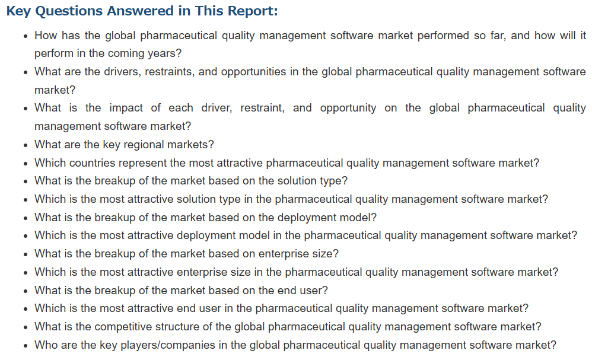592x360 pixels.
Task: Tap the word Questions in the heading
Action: [69, 11]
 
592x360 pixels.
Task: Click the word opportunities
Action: [254, 72]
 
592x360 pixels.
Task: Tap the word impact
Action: [126, 109]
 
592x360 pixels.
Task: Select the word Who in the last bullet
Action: [44, 345]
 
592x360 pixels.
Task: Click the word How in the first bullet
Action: [46, 36]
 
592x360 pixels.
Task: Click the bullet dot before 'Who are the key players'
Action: [26, 346]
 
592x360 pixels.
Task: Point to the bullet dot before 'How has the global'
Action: [26, 37]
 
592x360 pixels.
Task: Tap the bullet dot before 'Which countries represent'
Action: [26, 164]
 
